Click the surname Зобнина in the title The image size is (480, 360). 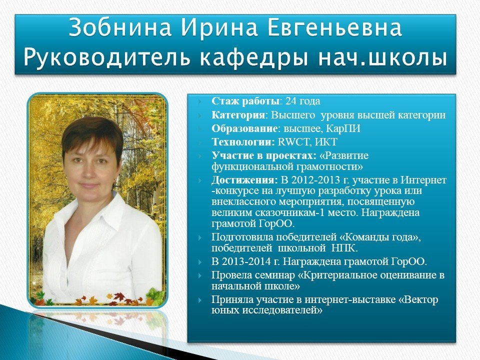click(120, 27)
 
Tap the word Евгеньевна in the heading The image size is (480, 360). click(334, 27)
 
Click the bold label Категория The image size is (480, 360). click(238, 115)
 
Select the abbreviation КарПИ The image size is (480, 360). click(343, 128)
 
